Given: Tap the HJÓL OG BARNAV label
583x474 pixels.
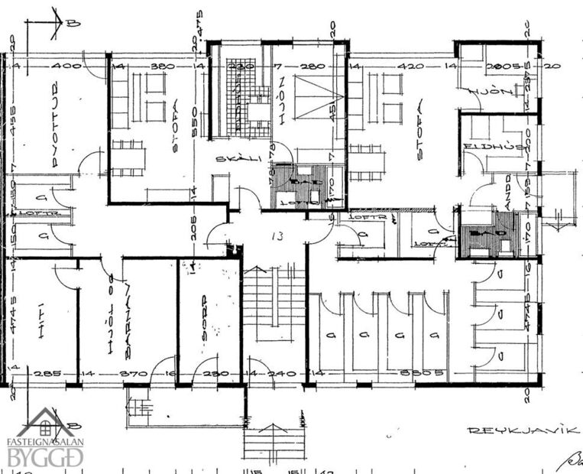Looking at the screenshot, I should [x=120, y=317].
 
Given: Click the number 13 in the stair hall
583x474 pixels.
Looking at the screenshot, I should [x=277, y=236].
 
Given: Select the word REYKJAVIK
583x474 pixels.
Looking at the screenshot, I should [x=522, y=430].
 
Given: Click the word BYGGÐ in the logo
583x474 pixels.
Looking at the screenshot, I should [x=46, y=458].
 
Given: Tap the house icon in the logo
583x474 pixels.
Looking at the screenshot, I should [x=46, y=422].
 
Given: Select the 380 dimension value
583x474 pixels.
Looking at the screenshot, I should [x=163, y=67].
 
